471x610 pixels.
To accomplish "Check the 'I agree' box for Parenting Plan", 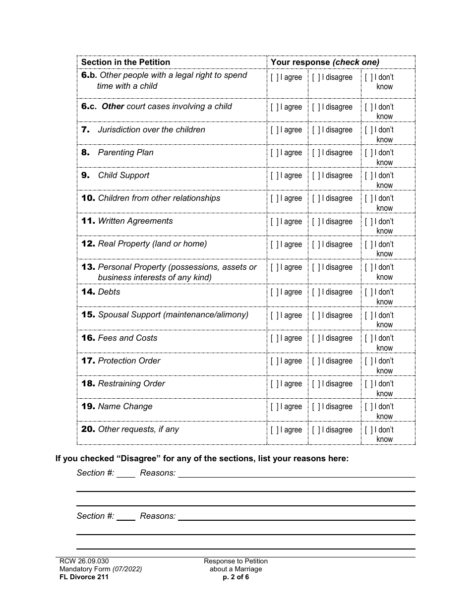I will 275,153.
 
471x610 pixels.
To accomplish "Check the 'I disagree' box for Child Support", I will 316,176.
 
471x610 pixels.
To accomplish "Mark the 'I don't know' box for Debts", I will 369,292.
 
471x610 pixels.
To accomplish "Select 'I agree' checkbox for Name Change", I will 275,407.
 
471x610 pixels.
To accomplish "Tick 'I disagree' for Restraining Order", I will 316,384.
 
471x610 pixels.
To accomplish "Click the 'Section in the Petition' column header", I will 125,62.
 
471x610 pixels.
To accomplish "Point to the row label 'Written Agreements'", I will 135,221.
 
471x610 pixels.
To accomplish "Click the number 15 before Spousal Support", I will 88,315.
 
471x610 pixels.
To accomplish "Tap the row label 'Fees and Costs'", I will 127,338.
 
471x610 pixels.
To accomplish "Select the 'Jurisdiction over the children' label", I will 151,130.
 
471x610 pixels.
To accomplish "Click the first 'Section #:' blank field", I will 126,473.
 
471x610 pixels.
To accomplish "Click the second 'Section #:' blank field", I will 126,516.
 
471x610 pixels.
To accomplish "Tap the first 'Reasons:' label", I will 158,473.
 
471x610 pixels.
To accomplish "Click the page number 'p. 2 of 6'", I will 235,577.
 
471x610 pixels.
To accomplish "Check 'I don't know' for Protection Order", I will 369,361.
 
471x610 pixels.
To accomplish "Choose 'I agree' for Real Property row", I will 275,244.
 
